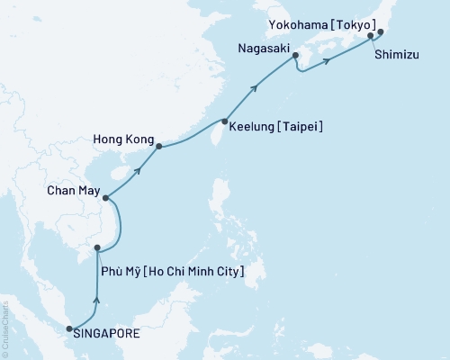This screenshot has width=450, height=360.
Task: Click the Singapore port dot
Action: point(70,329)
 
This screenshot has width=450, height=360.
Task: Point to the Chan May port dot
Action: point(105,199)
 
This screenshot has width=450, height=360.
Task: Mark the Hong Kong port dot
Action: point(158,146)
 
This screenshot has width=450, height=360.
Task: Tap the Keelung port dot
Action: point(224,121)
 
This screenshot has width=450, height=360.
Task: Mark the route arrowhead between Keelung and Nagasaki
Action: point(256,86)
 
